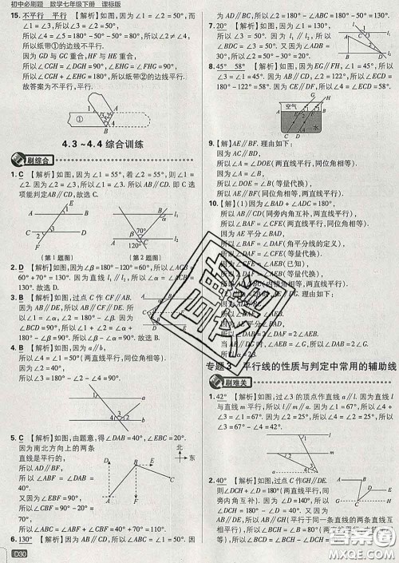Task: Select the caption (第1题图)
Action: click(x=47, y=258)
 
